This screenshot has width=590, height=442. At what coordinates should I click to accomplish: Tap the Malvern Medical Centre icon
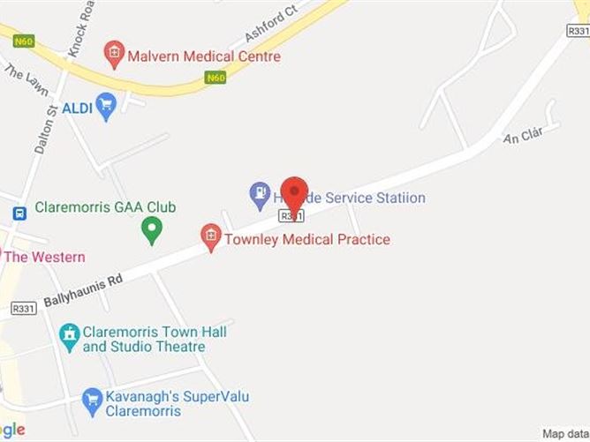point(113,55)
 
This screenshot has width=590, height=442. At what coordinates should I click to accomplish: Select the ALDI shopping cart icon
point(106,107)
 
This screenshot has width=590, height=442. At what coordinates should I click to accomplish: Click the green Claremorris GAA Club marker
point(152,231)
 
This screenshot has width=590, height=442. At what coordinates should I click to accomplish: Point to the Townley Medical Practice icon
point(210,237)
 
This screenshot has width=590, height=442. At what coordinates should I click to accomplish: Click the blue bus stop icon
point(19,213)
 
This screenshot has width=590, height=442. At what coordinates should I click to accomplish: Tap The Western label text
point(45,257)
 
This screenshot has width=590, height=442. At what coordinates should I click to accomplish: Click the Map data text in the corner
point(565,434)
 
